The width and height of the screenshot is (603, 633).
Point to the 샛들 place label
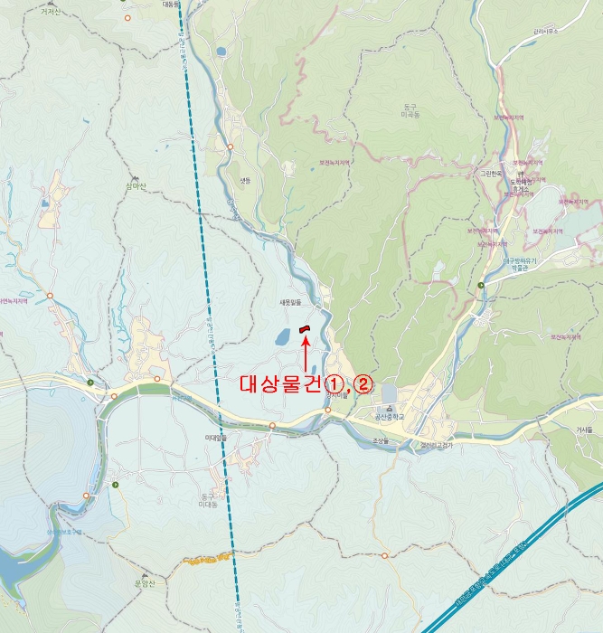pyautogui.click(x=244, y=181)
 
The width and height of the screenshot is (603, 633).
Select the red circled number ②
pyautogui.click(x=363, y=383)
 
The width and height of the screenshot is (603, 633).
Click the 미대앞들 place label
pyautogui.click(x=214, y=437)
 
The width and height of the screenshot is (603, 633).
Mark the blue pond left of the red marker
pyautogui.click(x=282, y=338)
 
